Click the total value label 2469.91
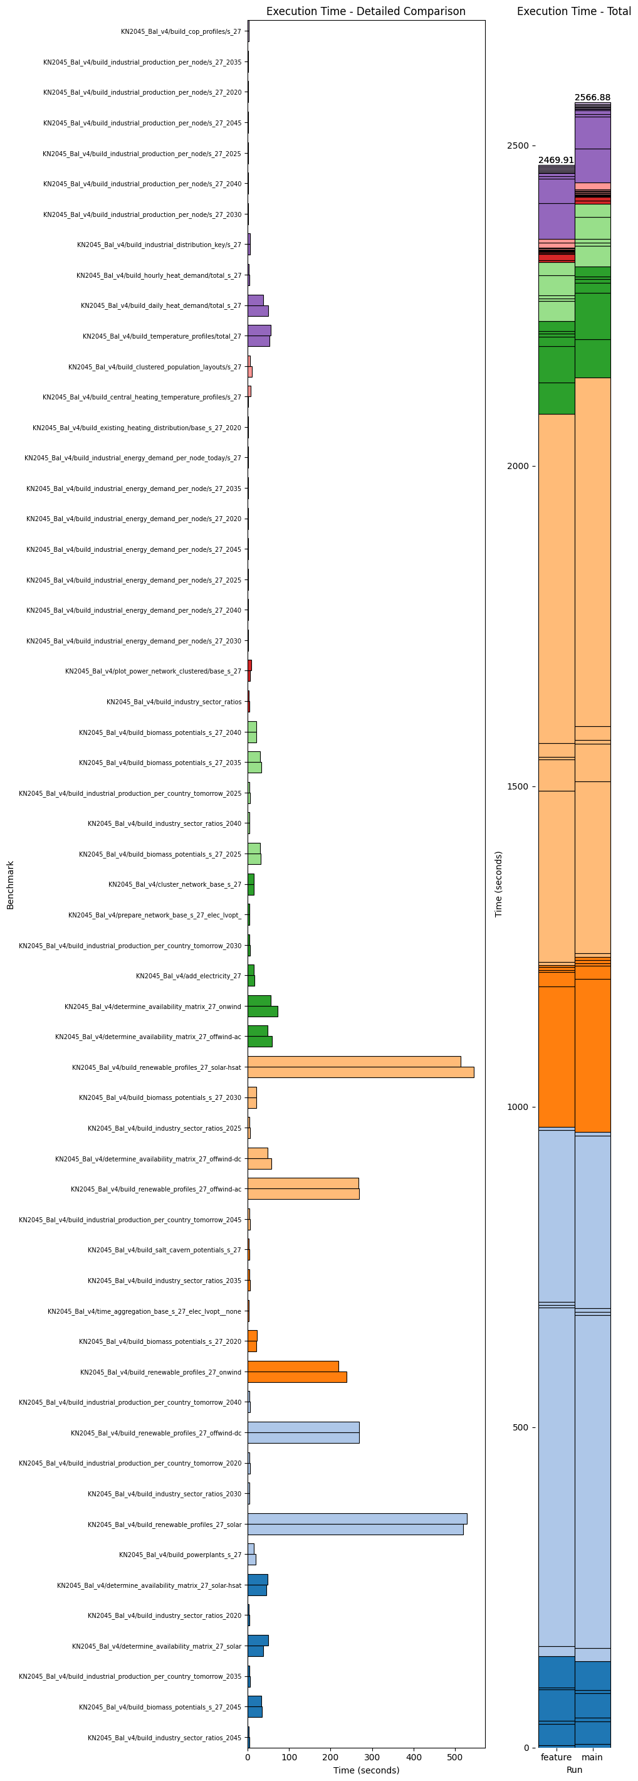point(556,161)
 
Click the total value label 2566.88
point(592,97)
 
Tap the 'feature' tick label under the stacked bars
point(556,1757)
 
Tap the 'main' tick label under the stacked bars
point(592,1757)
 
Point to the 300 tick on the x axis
point(372,1757)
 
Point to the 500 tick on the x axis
point(455,1757)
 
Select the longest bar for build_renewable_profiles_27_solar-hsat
point(360,1072)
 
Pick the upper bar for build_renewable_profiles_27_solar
point(357,1518)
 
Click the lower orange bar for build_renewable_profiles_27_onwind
point(296,1377)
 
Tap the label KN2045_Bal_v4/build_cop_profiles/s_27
point(181,32)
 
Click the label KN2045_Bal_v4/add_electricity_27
point(189,976)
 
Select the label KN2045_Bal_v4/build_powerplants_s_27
point(180,1554)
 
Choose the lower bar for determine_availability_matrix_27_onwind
point(263,1012)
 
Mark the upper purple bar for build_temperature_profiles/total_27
point(259,330)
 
